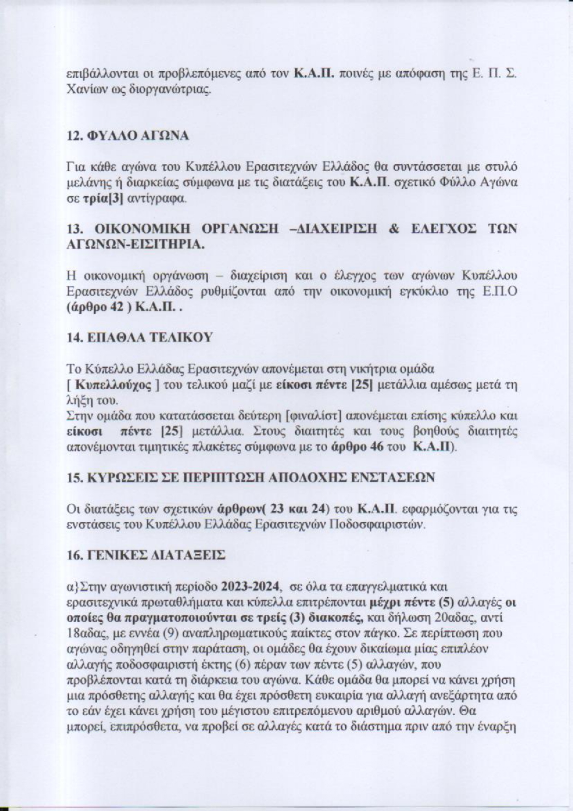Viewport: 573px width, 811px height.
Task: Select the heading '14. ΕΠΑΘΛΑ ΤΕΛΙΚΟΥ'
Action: tap(140, 337)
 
